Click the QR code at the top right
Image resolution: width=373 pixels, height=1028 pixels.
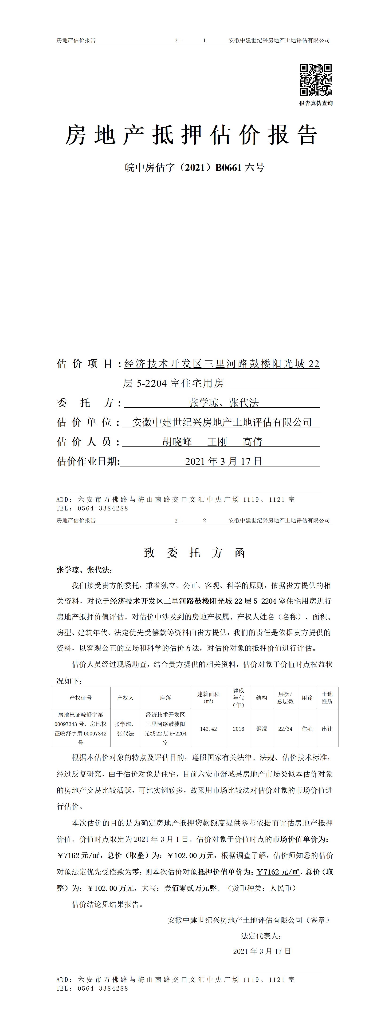(x=316, y=80)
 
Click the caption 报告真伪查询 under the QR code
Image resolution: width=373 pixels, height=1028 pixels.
(x=316, y=103)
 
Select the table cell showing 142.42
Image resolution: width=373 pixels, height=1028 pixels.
(x=208, y=729)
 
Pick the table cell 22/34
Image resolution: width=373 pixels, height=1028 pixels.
(x=285, y=729)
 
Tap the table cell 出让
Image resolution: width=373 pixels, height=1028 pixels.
(x=327, y=729)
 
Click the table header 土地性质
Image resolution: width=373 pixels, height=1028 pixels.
(x=327, y=698)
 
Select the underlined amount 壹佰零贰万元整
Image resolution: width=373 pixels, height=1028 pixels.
(x=190, y=888)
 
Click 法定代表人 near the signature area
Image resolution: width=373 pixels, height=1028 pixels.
(x=261, y=936)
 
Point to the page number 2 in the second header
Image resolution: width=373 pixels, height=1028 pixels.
(x=204, y=520)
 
